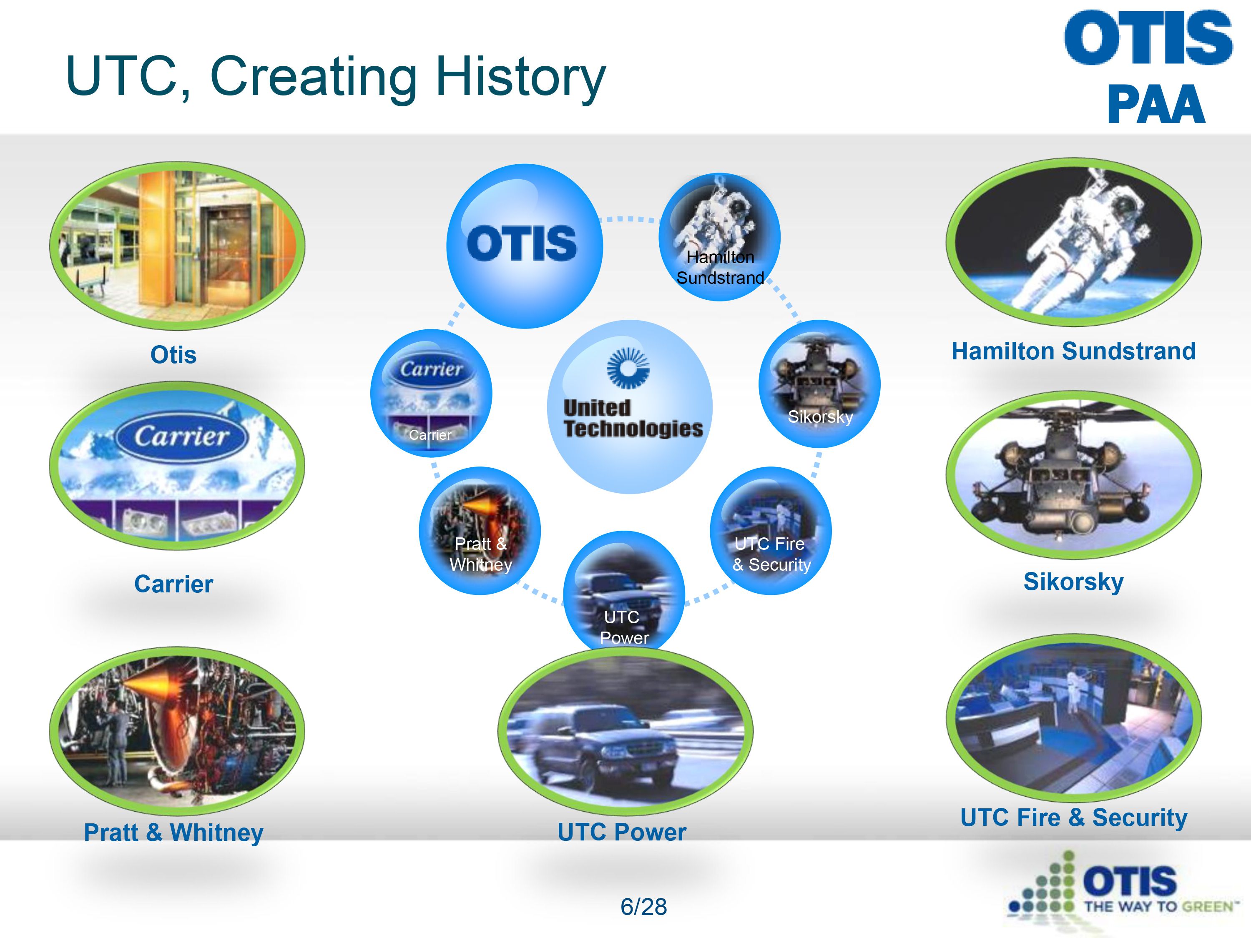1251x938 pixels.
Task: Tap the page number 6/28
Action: click(x=643, y=907)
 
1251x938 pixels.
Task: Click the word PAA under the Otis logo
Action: click(x=1157, y=105)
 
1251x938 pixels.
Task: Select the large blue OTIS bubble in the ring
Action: click(x=524, y=246)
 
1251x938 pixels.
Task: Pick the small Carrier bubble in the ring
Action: click(x=431, y=394)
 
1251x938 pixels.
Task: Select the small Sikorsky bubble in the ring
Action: click(x=819, y=384)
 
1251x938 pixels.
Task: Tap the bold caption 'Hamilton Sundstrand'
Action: click(x=1073, y=351)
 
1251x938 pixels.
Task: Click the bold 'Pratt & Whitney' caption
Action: click(x=173, y=832)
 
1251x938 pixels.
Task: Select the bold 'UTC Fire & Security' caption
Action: click(x=1073, y=818)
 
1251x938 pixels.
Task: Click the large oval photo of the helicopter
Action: click(x=1073, y=475)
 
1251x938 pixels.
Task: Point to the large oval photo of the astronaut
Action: click(x=1073, y=242)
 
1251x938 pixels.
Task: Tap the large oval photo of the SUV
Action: click(x=625, y=732)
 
